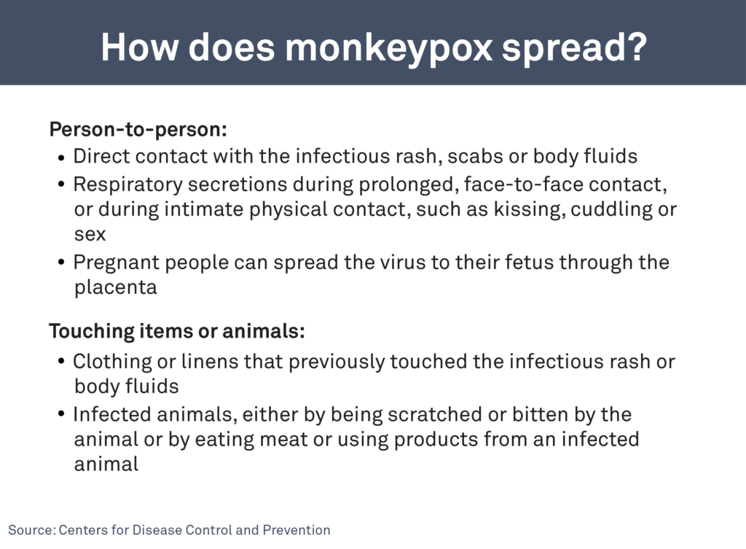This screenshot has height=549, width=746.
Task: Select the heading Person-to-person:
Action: pos(138,130)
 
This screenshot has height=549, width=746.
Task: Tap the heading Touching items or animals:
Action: pos(177,332)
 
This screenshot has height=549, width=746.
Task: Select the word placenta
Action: pos(115,288)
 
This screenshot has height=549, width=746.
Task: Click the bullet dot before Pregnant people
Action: pos(62,262)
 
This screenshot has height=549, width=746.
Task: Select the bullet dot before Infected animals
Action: pos(62,415)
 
